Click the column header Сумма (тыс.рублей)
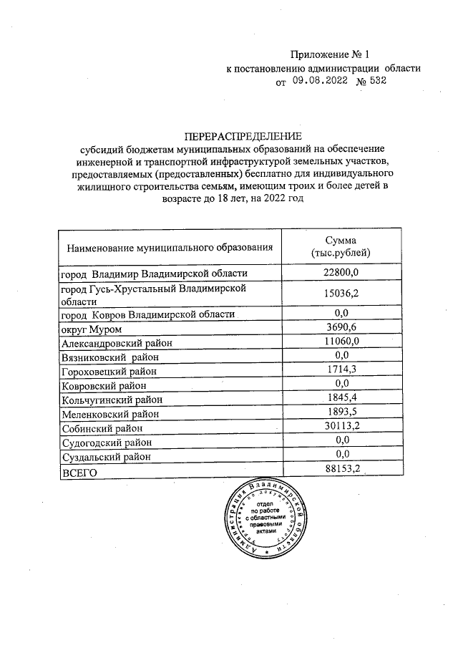pos(341,247)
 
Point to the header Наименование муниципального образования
pos(170,248)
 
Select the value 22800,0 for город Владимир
pos(341,273)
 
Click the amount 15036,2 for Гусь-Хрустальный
pos(341,294)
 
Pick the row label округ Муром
pos(92,329)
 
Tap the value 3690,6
pos(341,328)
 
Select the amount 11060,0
pos(341,342)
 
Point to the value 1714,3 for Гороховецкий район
pos(341,370)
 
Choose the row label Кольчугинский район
pos(112,400)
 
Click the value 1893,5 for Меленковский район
pos(341,412)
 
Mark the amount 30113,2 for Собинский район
pos(341,427)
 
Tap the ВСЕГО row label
pos(79,471)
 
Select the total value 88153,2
pos(341,469)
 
